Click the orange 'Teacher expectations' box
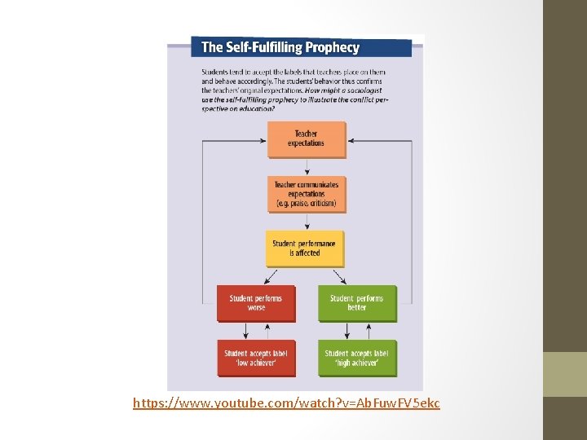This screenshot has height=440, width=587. click(x=306, y=139)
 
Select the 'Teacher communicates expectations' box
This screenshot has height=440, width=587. click(x=306, y=194)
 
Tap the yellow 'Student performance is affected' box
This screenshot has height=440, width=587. click(x=304, y=249)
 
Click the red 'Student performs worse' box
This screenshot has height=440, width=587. click(x=255, y=302)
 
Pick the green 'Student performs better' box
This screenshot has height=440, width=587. click(x=356, y=302)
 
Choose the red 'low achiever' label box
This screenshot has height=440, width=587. click(x=255, y=358)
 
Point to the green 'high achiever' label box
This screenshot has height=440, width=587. click(x=356, y=358)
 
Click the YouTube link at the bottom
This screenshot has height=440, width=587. click(x=286, y=403)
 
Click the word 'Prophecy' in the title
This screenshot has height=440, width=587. click(x=332, y=47)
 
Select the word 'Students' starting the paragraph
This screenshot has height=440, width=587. click(x=215, y=73)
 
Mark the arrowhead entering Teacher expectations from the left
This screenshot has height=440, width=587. click(x=262, y=140)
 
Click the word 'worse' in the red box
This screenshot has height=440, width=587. click(x=255, y=307)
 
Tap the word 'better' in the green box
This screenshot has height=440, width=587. click(x=356, y=307)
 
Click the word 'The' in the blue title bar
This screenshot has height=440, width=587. click(x=210, y=47)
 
